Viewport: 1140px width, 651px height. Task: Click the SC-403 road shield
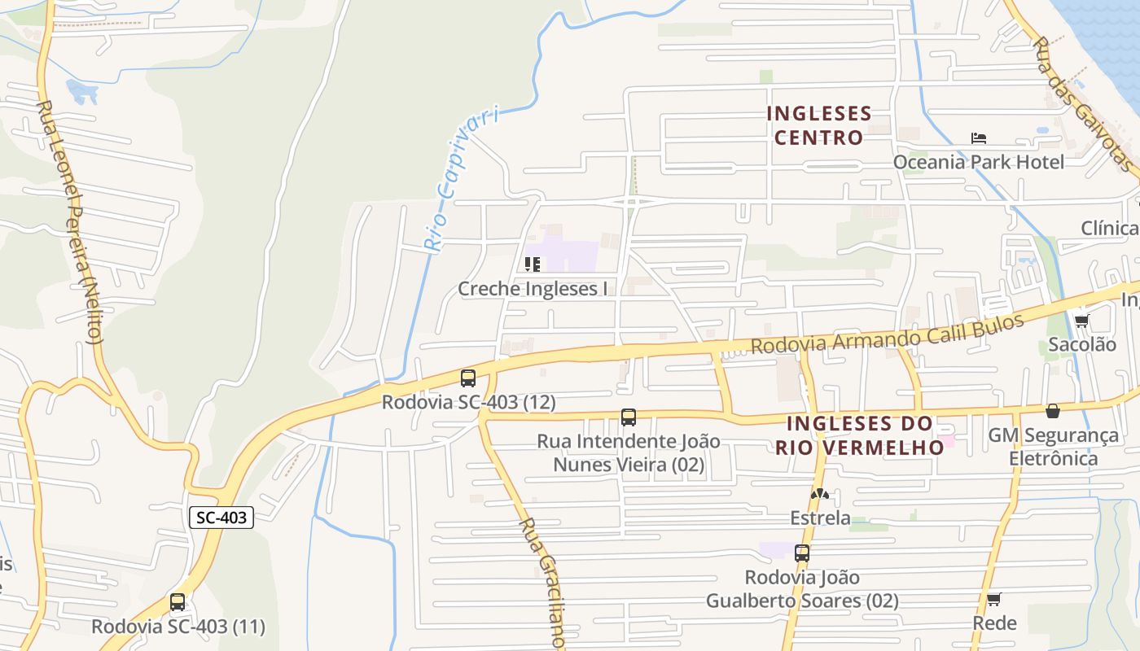pos(221,517)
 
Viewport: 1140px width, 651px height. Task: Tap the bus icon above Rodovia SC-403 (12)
pos(468,378)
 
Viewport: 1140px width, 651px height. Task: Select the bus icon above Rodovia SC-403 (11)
pos(178,602)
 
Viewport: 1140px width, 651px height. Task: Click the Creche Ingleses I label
pos(533,288)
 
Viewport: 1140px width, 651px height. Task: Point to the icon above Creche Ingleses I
pos(533,264)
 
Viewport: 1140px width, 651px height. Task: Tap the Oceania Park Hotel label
pos(978,162)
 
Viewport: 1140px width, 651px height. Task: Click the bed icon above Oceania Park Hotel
pos(978,138)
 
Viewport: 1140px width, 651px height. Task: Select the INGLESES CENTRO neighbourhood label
pos(818,125)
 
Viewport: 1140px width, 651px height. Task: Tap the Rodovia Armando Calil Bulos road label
pos(887,334)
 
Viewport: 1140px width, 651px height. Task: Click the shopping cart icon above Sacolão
pos(1081,321)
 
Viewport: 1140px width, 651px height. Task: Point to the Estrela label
pos(820,518)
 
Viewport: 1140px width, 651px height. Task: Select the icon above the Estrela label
pos(820,494)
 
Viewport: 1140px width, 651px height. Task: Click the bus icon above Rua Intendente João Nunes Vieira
pos(629,417)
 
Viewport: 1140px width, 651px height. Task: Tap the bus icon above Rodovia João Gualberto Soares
pos(802,553)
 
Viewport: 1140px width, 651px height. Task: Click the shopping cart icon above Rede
pos(993,600)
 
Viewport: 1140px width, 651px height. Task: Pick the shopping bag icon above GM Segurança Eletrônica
pos(1053,411)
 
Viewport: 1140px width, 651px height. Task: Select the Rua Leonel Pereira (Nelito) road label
pos(71,221)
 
